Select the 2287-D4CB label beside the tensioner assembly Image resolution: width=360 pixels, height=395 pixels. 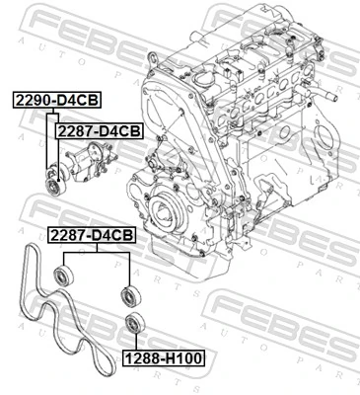(99, 128)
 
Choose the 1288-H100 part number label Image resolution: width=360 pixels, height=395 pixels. (162, 357)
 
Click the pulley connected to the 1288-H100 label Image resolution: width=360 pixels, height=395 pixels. (133, 322)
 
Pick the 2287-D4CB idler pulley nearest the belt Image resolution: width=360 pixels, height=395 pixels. (65, 273)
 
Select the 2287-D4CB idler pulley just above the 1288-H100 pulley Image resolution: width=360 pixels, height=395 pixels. (127, 293)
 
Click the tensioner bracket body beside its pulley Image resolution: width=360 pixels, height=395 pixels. (86, 158)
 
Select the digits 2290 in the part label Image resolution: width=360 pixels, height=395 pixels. (36, 101)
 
